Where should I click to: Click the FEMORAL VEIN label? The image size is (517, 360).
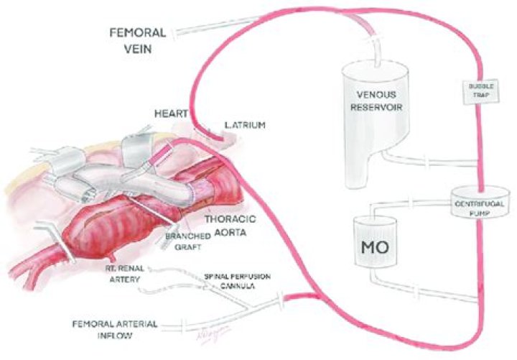[138, 40]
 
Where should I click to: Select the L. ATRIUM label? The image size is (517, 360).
[245, 126]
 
